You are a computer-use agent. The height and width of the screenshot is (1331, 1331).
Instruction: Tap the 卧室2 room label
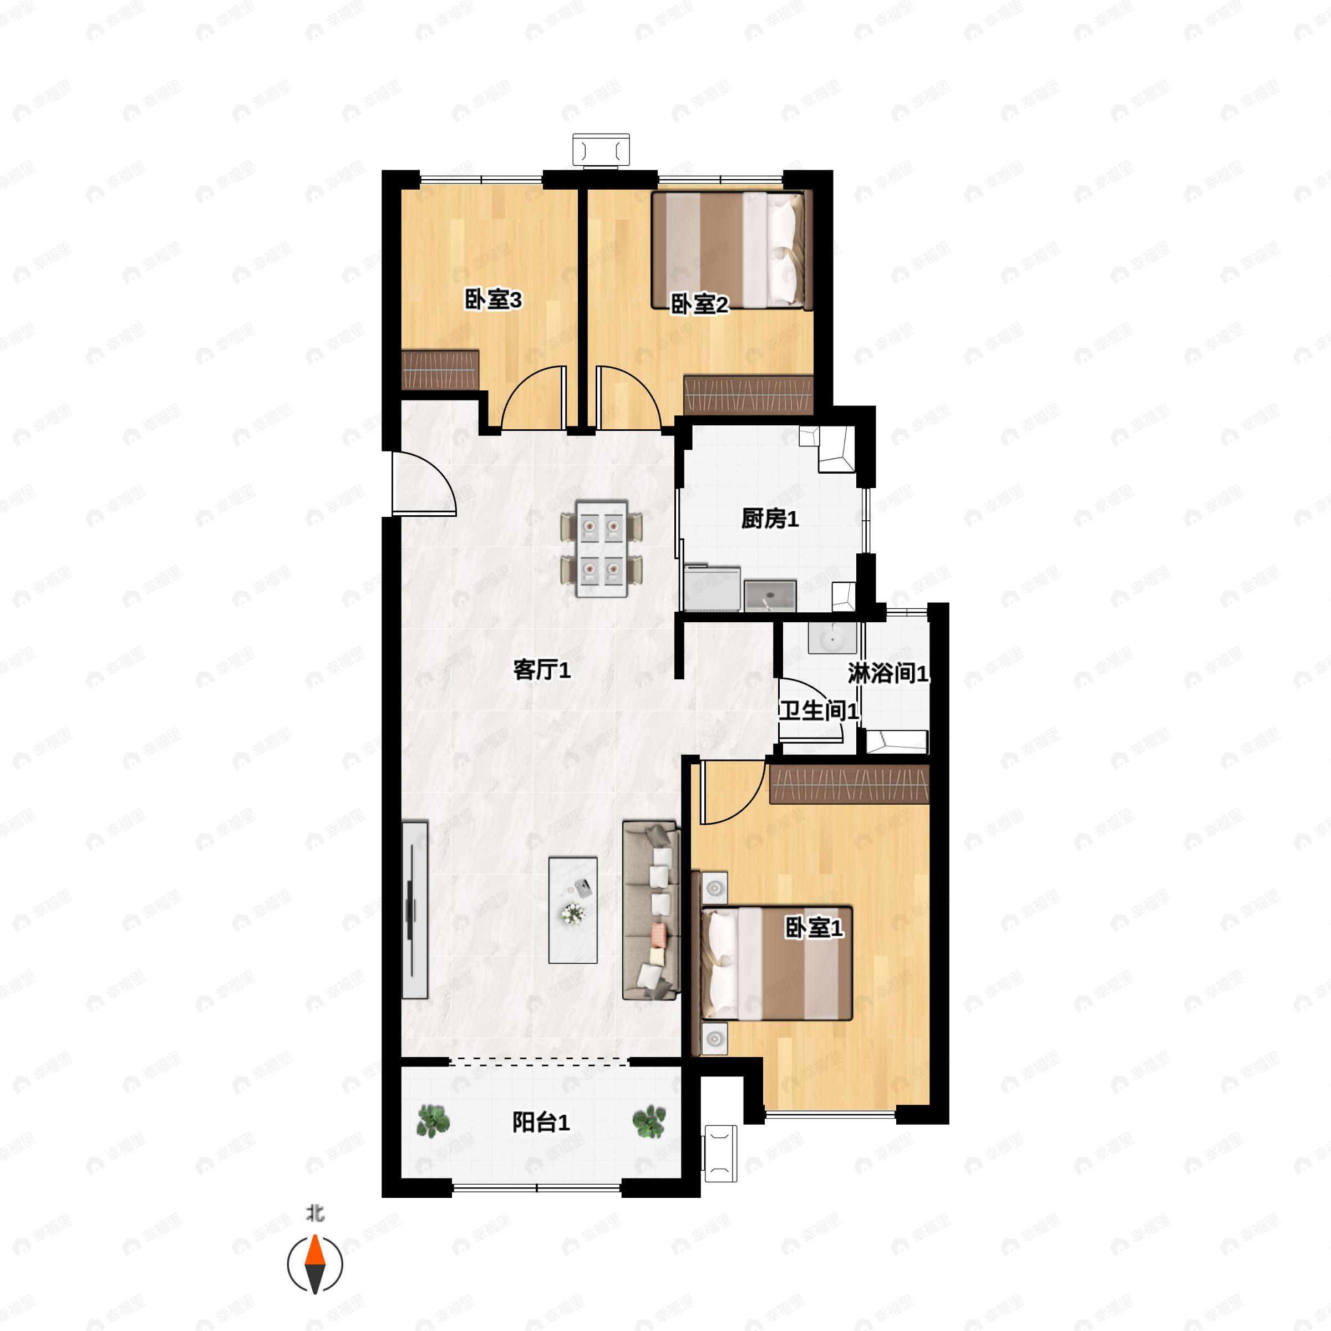[699, 304]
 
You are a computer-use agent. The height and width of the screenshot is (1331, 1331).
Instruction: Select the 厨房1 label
[770, 519]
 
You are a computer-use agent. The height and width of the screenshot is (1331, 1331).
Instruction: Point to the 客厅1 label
[541, 669]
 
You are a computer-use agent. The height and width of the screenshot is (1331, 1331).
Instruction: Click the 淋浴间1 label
[888, 673]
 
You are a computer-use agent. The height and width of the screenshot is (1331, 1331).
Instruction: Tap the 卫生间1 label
[819, 710]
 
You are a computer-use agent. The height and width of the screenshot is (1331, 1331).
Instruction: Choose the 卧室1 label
[814, 928]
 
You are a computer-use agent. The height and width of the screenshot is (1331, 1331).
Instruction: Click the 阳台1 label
[541, 1122]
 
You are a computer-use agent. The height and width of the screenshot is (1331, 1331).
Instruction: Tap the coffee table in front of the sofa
[572, 910]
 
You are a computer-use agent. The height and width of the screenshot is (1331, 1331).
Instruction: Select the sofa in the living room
[651, 910]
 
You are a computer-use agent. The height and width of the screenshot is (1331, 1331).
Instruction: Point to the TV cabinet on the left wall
[415, 910]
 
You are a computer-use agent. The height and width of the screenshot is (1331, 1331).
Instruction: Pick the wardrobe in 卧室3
[440, 370]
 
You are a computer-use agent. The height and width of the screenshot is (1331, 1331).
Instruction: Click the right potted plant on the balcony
[649, 1121]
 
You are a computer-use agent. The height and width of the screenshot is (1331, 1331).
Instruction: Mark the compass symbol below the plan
[315, 1264]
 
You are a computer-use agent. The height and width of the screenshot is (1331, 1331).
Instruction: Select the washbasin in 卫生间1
[832, 637]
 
